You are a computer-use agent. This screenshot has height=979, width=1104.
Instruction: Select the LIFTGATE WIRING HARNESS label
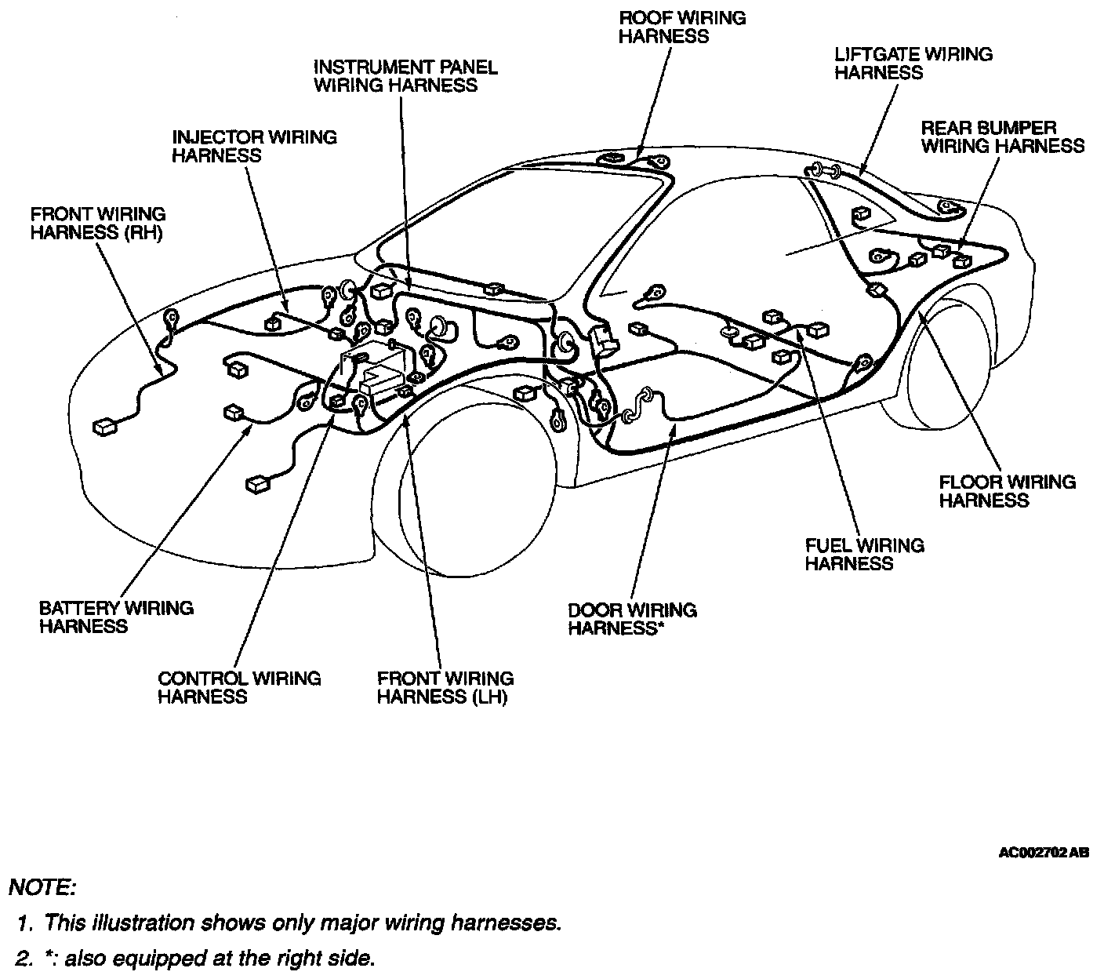click(x=913, y=64)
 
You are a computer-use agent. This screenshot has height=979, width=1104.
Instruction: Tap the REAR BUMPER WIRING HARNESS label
click(x=1002, y=136)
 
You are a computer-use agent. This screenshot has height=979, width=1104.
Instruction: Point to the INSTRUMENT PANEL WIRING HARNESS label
click(x=405, y=76)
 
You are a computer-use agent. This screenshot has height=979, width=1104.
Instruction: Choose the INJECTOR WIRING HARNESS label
click(x=254, y=146)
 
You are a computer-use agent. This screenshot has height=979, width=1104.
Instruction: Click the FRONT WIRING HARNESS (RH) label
click(x=98, y=224)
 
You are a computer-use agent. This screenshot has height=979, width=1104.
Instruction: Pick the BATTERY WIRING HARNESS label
click(x=116, y=617)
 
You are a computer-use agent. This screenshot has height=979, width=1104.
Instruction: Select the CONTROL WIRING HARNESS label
click(x=239, y=688)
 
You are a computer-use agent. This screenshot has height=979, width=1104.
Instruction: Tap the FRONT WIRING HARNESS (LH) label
click(x=445, y=688)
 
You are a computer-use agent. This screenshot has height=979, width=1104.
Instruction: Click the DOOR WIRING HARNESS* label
click(x=632, y=619)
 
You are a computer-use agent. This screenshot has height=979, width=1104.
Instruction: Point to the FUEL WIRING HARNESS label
click(x=864, y=554)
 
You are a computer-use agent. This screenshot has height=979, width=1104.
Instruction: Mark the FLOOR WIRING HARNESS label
click(x=1007, y=491)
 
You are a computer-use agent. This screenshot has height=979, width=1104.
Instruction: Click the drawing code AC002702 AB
click(x=1043, y=853)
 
